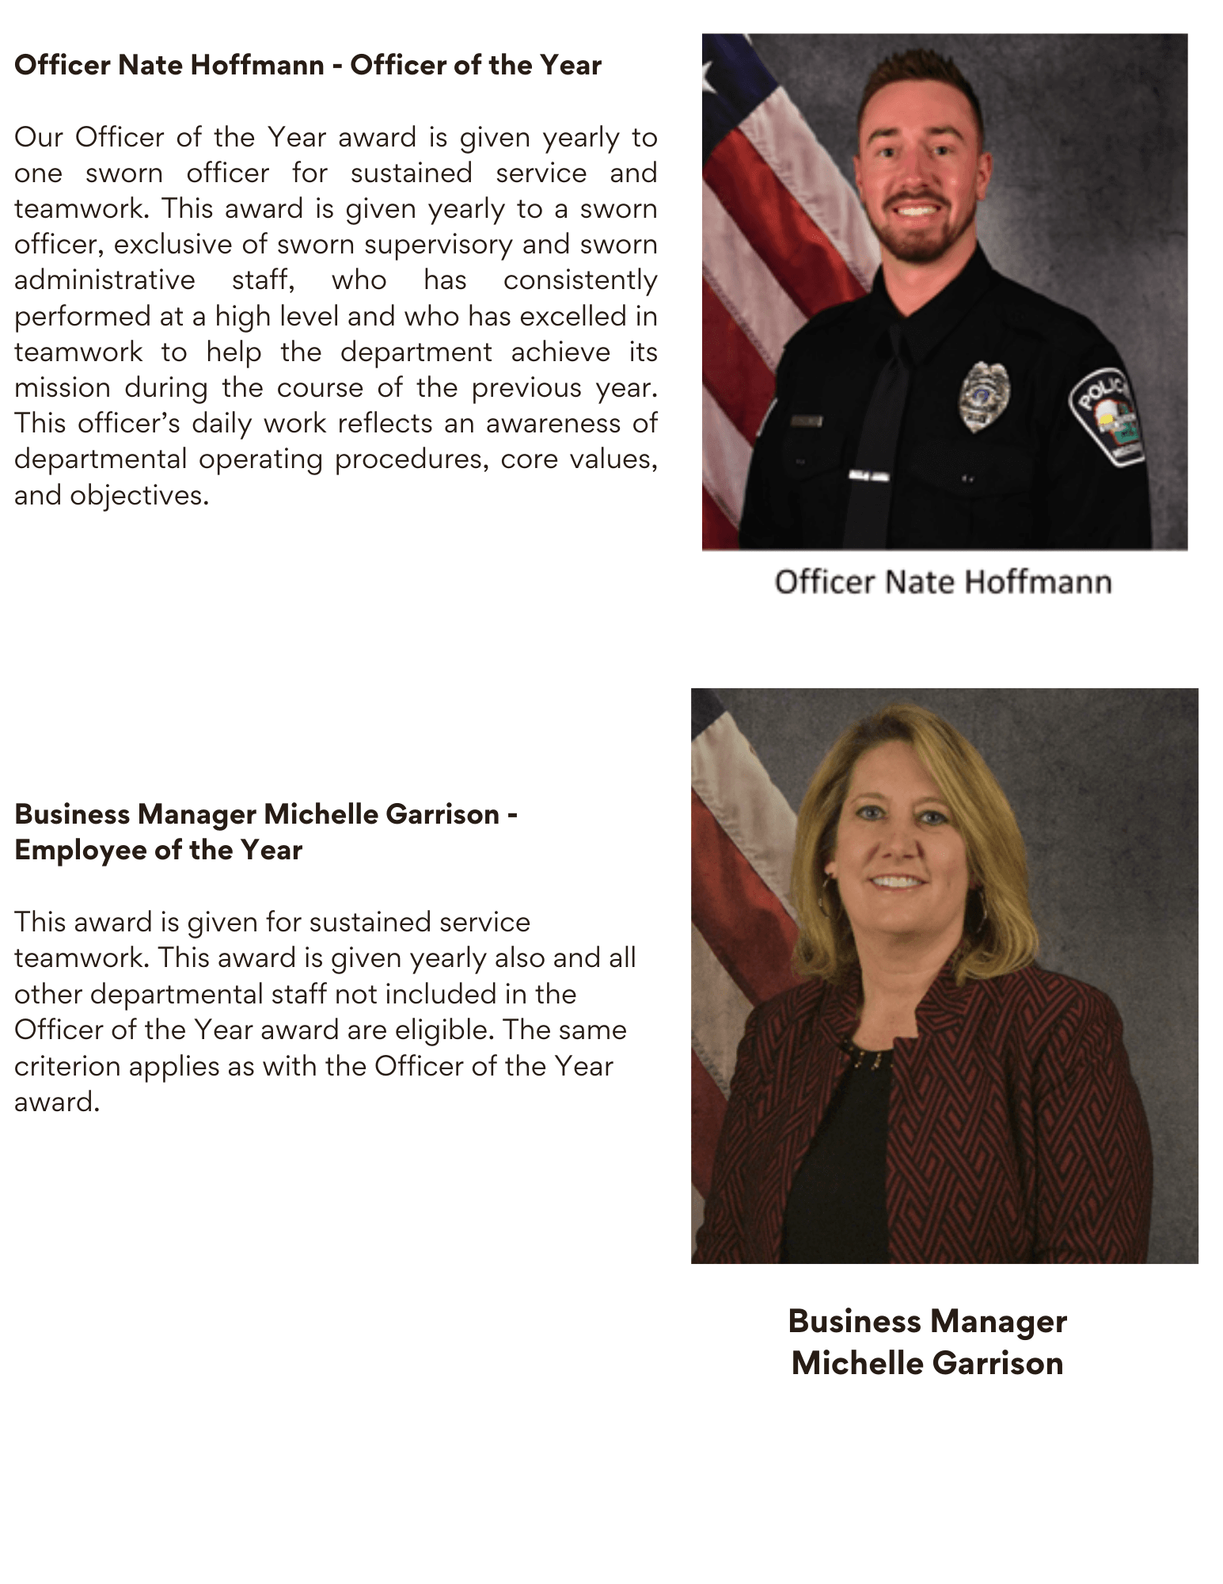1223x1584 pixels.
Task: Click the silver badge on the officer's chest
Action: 983,396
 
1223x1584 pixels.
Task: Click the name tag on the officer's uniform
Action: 805,421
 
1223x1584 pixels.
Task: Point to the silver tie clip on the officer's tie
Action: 868,475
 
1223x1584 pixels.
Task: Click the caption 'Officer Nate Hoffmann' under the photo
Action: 943,582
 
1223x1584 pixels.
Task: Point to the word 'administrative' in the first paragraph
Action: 104,280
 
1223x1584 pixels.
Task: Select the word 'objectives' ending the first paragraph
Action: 138,496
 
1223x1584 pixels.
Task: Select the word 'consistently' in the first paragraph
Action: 580,280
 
